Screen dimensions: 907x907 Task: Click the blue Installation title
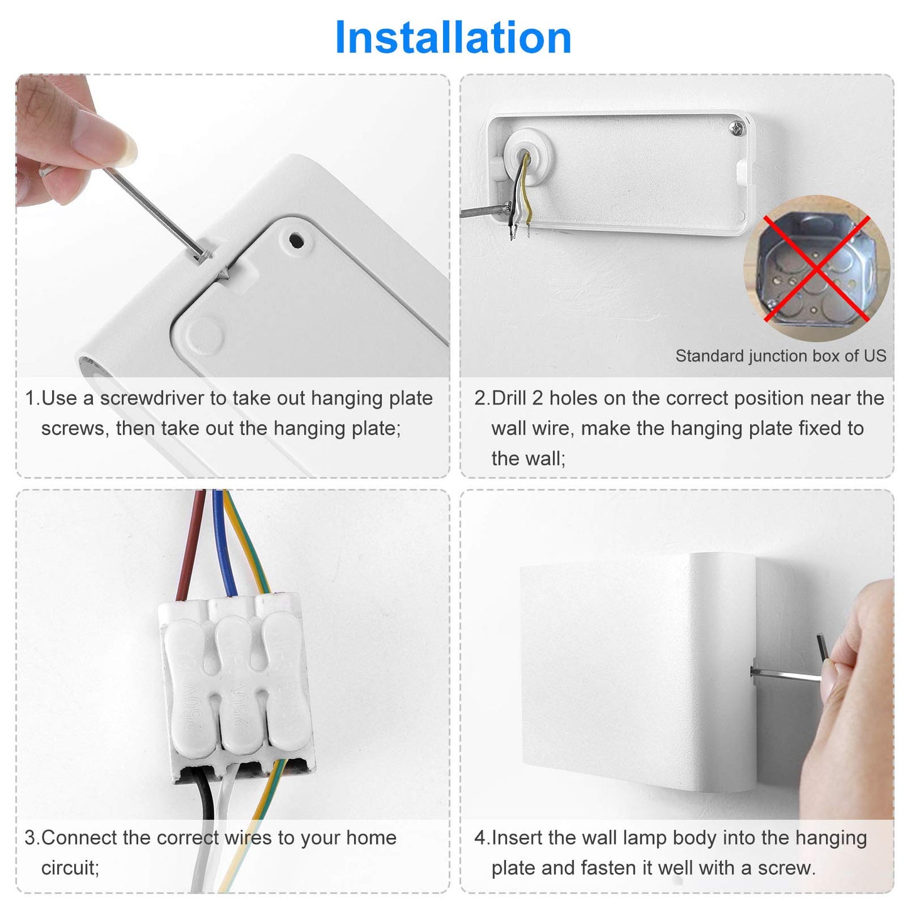pos(453,38)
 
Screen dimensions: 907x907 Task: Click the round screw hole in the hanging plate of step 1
pos(296,240)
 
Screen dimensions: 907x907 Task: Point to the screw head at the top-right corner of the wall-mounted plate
pos(737,127)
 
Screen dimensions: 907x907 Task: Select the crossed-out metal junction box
pos(817,268)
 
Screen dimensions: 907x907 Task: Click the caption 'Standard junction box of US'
pos(780,356)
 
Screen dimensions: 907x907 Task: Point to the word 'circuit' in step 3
pos(68,867)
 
